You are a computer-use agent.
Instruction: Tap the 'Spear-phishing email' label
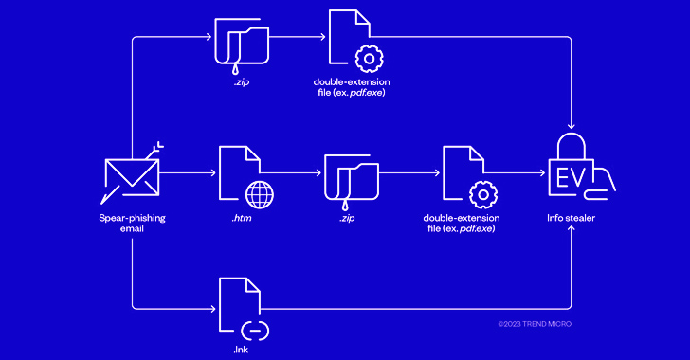(131, 224)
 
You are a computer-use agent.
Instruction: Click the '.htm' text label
(242, 218)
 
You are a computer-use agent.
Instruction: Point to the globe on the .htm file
(259, 193)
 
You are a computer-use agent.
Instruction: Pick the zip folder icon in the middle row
(352, 176)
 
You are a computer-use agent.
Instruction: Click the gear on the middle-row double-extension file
(483, 194)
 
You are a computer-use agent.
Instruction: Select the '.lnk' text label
(242, 351)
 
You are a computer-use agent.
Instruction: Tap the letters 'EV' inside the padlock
(569, 177)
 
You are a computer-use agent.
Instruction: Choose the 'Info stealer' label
(572, 218)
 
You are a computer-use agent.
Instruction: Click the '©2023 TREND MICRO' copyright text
(535, 324)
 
